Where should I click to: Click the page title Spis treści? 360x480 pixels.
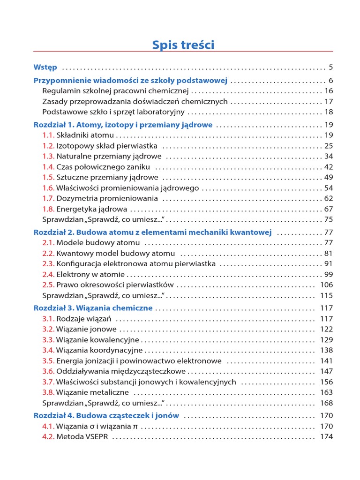coord(183,45)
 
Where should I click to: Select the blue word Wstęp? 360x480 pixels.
coord(45,67)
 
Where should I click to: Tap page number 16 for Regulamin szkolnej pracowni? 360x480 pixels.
coord(328,91)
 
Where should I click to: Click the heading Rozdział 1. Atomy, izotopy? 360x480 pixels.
coord(123,125)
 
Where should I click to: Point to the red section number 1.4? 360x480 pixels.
coord(48,167)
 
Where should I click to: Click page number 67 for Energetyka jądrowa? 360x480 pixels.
coord(328,209)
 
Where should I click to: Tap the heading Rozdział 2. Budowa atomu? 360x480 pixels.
coord(152,232)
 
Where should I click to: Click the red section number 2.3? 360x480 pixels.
coord(48,264)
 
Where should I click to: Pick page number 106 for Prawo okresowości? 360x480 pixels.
coord(326,285)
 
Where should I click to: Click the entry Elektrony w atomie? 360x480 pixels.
coord(90,274)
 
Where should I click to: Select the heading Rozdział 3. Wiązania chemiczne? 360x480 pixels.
coord(93,308)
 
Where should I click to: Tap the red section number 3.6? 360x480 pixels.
coord(48,371)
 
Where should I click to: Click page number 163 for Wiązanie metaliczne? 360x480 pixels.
coord(326,392)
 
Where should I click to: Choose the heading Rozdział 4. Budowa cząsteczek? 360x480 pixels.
coord(106,415)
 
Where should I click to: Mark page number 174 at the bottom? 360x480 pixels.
coord(326,437)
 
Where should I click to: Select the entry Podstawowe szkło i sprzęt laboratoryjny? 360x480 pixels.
coord(113,112)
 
